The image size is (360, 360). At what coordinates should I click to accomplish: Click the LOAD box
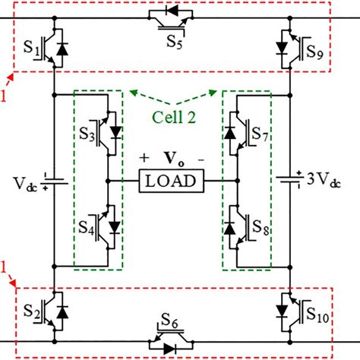coord(171,182)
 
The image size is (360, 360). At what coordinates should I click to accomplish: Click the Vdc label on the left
coord(24,185)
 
